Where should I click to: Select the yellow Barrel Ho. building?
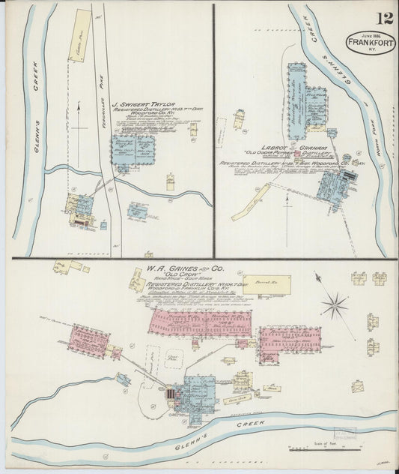pos(266,284)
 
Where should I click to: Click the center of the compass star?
pos(335,305)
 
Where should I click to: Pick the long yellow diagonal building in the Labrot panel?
pos(250,202)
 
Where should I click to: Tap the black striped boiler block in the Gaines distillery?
pos(171,393)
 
